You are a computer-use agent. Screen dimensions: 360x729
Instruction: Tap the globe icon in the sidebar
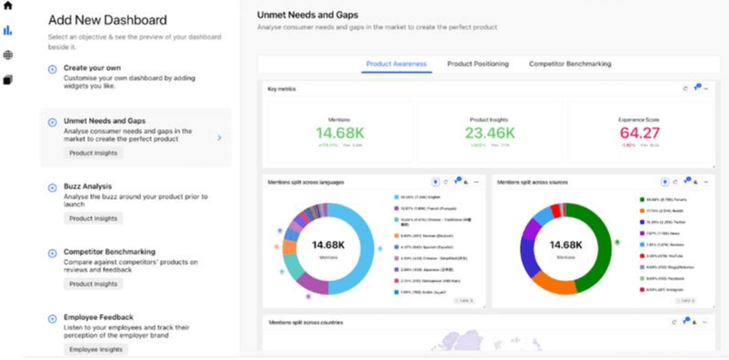pyautogui.click(x=8, y=55)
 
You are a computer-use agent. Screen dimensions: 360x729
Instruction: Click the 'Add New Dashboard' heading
pyautogui.click(x=107, y=20)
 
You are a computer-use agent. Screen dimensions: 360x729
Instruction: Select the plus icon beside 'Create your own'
pyautogui.click(x=52, y=69)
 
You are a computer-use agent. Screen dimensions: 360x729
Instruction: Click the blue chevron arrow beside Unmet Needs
pyautogui.click(x=219, y=137)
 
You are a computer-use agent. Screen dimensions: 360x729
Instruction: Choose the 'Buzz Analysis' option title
pyautogui.click(x=87, y=187)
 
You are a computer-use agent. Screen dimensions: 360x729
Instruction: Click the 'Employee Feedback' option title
pyautogui.click(x=98, y=317)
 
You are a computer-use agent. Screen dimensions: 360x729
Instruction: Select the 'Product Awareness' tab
pyautogui.click(x=396, y=64)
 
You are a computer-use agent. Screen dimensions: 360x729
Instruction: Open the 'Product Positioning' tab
pyautogui.click(x=477, y=64)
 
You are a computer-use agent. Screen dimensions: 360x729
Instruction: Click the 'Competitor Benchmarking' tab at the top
pyautogui.click(x=570, y=64)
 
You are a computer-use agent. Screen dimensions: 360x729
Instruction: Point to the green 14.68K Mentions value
pyautogui.click(x=339, y=133)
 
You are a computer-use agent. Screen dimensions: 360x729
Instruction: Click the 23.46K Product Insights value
pyautogui.click(x=490, y=133)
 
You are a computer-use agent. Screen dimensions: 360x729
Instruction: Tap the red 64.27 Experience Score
pyautogui.click(x=639, y=133)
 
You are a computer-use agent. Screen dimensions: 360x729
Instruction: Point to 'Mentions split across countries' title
pyautogui.click(x=305, y=321)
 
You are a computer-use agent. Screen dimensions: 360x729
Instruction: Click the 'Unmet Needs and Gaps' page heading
pyautogui.click(x=308, y=15)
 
